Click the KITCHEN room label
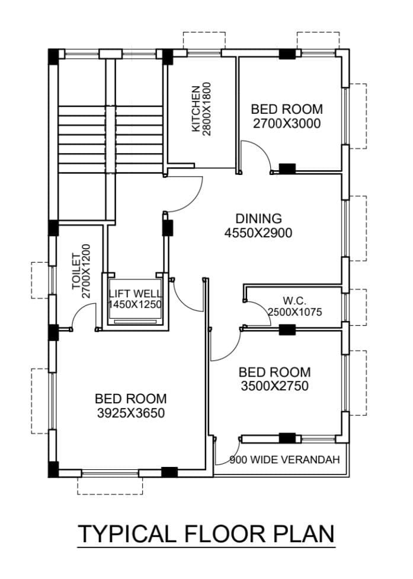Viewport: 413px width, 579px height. [196, 109]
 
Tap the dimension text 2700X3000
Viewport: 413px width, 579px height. [287, 123]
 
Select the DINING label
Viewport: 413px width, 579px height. [258, 218]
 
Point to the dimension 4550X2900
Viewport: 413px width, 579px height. [258, 233]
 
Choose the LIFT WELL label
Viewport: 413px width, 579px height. [135, 294]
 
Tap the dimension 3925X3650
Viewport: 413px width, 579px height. [131, 413]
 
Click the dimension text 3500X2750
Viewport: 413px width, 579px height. [274, 386]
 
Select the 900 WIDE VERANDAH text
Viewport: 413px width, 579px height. [284, 460]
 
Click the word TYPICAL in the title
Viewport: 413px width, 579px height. [127, 534]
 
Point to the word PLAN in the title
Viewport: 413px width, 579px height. [304, 534]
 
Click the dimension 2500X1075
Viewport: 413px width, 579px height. [294, 313]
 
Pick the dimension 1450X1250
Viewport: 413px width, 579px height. [135, 304]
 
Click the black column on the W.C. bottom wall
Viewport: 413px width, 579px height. [287, 329]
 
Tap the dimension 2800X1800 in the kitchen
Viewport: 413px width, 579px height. [207, 109]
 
